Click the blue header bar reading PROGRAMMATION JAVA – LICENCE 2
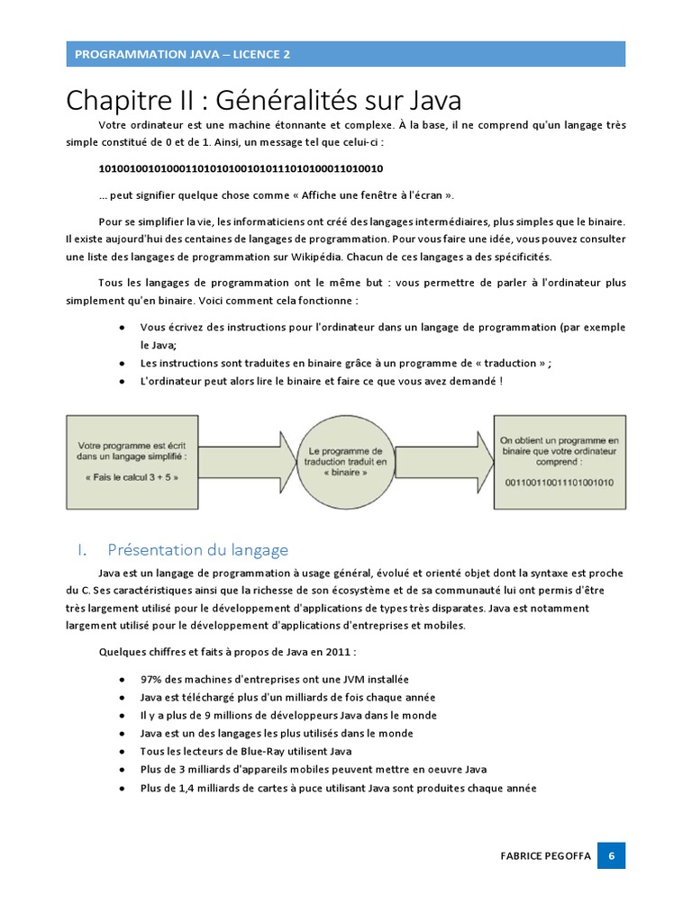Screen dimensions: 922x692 click(345, 54)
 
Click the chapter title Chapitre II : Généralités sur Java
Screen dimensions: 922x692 click(265, 98)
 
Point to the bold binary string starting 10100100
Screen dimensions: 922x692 click(241, 168)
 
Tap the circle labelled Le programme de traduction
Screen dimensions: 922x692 click(345, 462)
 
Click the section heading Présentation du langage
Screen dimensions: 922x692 click(196, 549)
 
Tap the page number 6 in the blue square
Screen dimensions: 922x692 click(611, 856)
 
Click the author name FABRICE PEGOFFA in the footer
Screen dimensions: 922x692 click(545, 856)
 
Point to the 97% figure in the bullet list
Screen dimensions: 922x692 click(151, 679)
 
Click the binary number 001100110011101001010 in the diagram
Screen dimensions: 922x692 click(559, 482)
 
